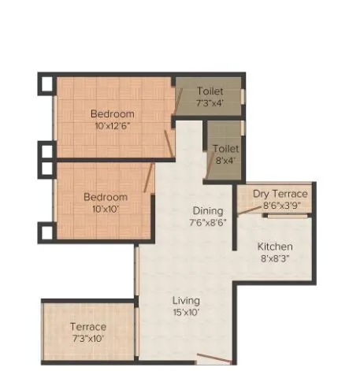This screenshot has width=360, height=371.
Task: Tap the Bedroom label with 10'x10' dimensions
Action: pyautogui.click(x=106, y=196)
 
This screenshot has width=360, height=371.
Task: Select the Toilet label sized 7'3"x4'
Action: pyautogui.click(x=210, y=91)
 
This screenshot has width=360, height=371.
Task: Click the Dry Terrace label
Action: pyautogui.click(x=280, y=194)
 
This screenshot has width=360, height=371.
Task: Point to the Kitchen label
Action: pyautogui.click(x=275, y=247)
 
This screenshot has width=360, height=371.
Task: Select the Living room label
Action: pyautogui.click(x=187, y=300)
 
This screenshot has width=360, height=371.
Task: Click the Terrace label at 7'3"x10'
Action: pyautogui.click(x=87, y=327)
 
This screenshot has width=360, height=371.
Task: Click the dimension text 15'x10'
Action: pyautogui.click(x=187, y=312)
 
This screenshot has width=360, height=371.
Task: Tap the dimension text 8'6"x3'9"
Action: pyautogui.click(x=280, y=205)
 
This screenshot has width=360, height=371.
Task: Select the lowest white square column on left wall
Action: pyautogui.click(x=46, y=232)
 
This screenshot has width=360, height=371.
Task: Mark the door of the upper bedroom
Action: pyautogui.click(x=168, y=144)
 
